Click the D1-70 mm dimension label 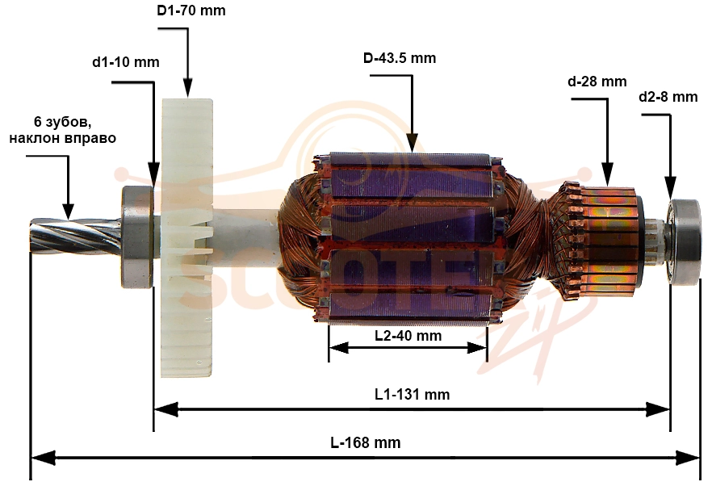coord(191,10)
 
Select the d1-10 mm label coord(126,62)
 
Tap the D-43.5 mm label coord(400,58)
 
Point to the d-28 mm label coord(597,82)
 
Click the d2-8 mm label coord(668,97)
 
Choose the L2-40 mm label coord(408,336)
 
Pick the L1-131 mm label coord(413,394)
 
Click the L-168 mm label coord(366,442)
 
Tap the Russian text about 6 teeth coord(62,130)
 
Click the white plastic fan coord(187,238)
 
